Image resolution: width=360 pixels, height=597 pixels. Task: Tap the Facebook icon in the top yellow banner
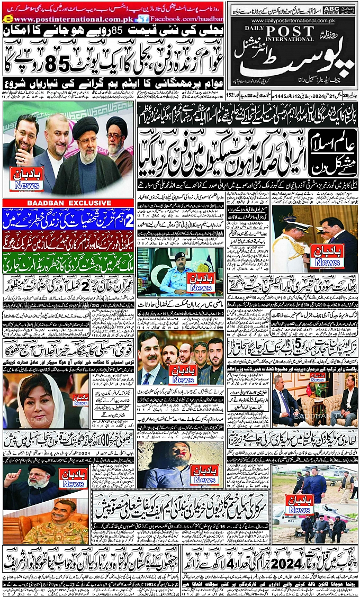click(138, 19)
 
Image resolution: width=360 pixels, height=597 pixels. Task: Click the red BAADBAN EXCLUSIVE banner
click(68, 203)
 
